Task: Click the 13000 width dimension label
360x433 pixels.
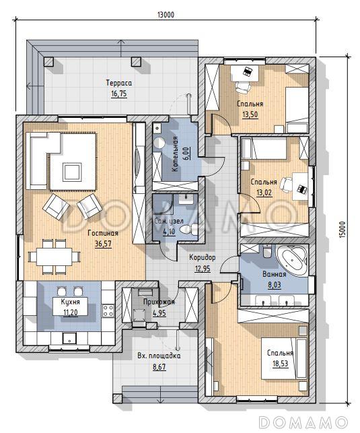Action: tap(166, 14)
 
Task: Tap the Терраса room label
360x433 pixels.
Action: tap(119, 83)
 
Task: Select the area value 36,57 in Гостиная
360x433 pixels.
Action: tap(103, 244)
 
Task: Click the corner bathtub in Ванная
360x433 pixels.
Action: tap(292, 259)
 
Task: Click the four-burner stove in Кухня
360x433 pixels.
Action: tap(108, 310)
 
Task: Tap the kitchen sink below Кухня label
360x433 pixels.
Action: tap(69, 338)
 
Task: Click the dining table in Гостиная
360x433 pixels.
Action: tap(55, 257)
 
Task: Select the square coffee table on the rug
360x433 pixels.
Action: tap(72, 172)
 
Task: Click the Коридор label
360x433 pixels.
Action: tap(203, 258)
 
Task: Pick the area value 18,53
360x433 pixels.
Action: tap(281, 364)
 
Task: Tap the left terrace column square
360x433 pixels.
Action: tap(48, 62)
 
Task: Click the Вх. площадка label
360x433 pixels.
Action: tap(159, 356)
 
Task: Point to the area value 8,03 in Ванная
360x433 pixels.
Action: tap(275, 285)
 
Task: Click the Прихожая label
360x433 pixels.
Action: tap(159, 302)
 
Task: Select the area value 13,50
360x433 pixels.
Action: tap(250, 114)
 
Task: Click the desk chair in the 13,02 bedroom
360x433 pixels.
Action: tap(286, 185)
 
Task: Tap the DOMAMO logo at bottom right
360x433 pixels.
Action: tap(303, 422)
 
